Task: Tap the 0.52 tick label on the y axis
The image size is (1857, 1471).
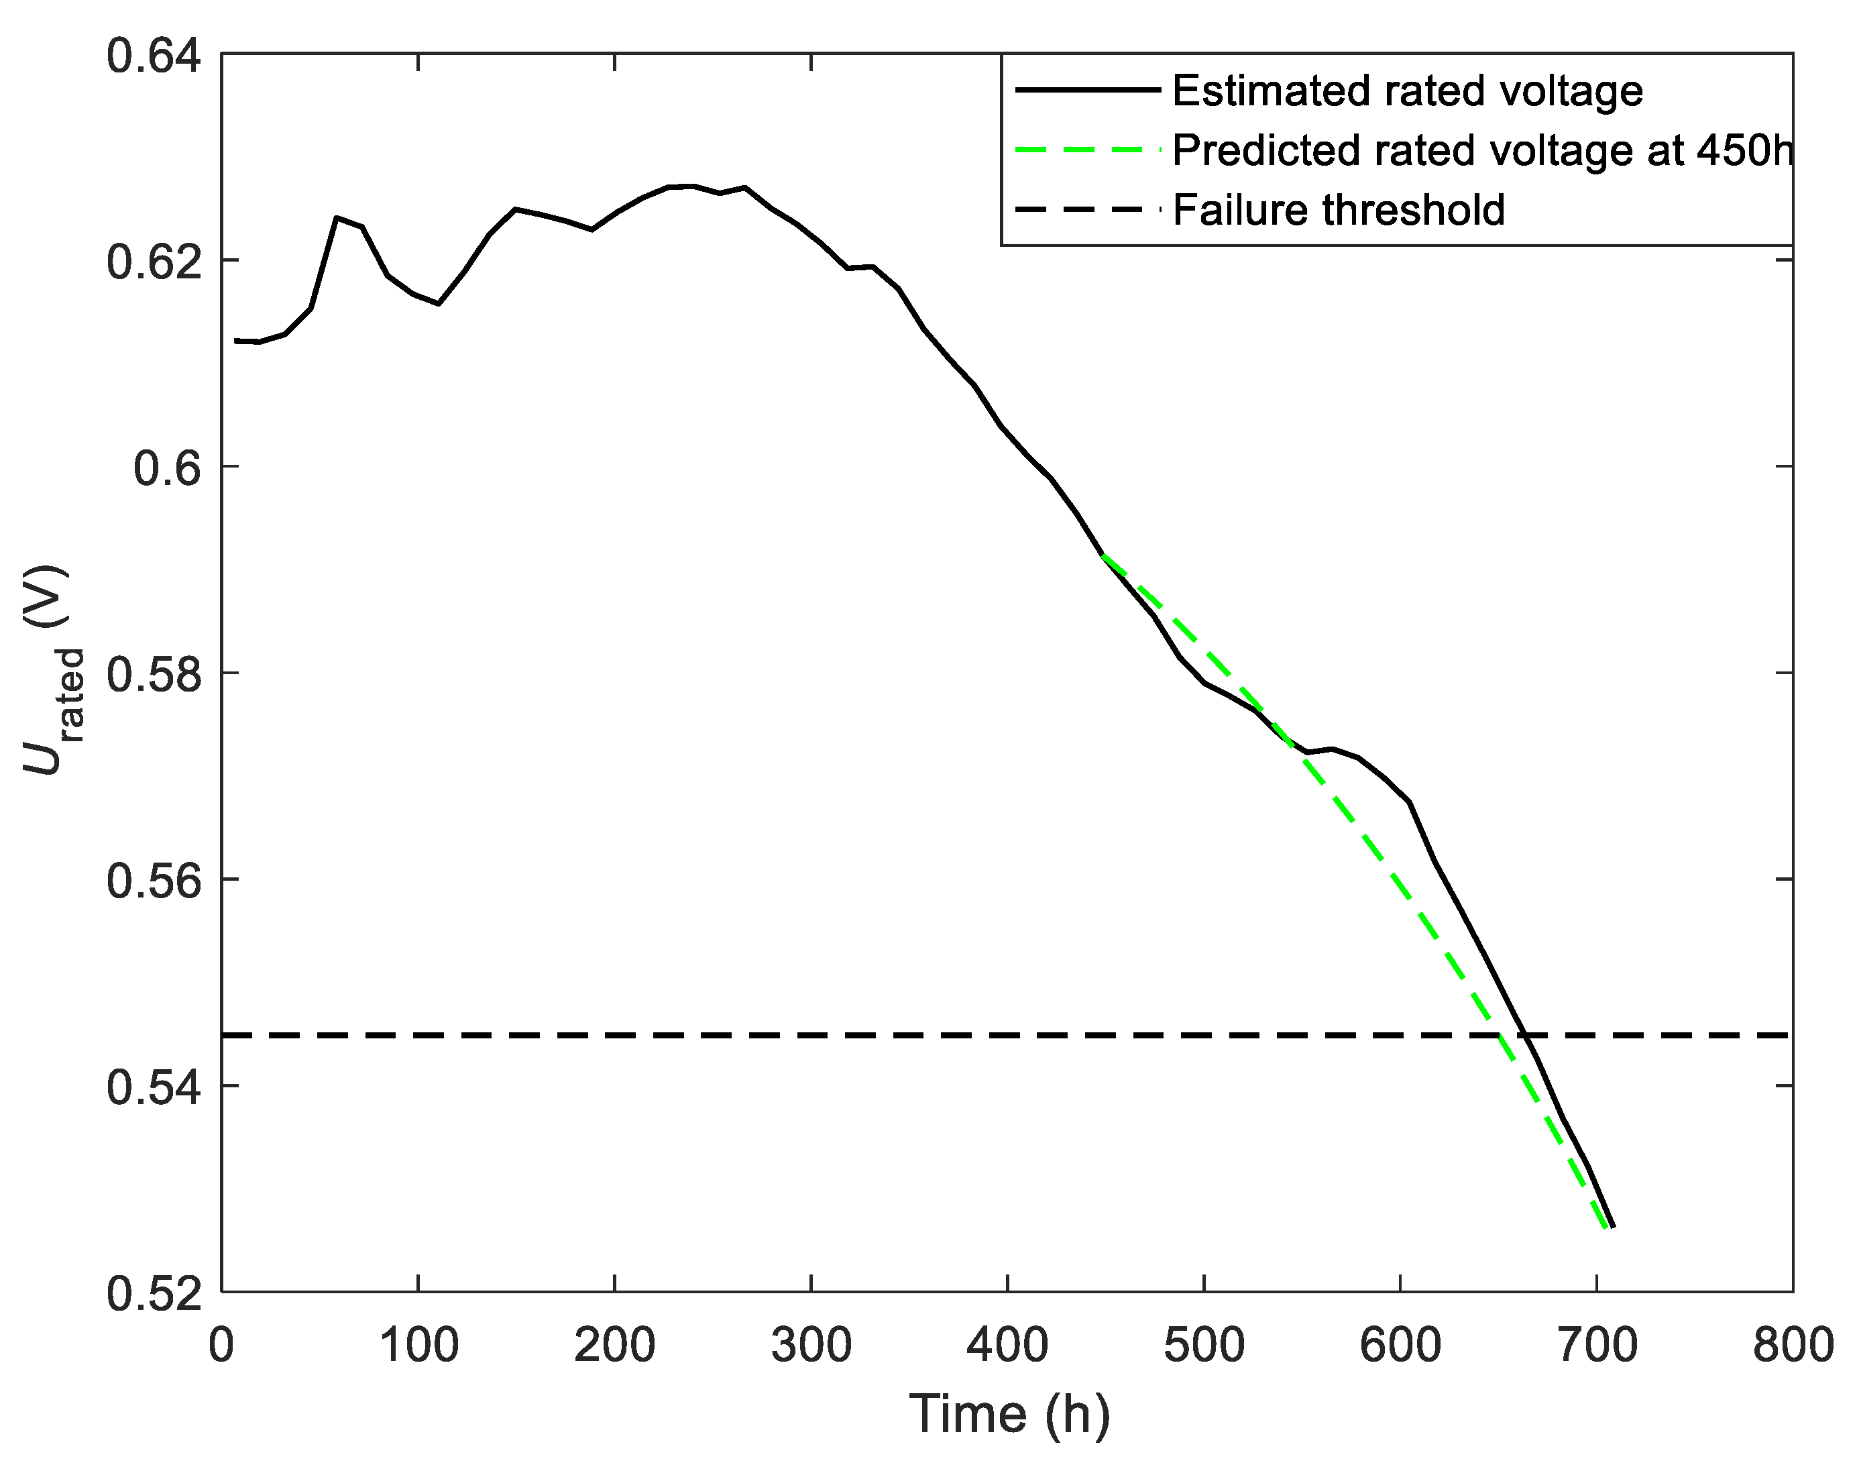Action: coord(142,1295)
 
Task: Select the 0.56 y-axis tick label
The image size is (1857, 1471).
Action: coord(142,881)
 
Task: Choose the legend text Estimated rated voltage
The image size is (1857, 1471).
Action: coord(1407,91)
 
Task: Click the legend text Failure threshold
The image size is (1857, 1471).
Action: coord(1338,210)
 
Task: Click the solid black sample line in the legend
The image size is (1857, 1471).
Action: coord(1088,90)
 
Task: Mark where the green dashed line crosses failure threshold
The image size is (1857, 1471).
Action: coord(1499,1034)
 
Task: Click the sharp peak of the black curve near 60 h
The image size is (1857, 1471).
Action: coord(337,218)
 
